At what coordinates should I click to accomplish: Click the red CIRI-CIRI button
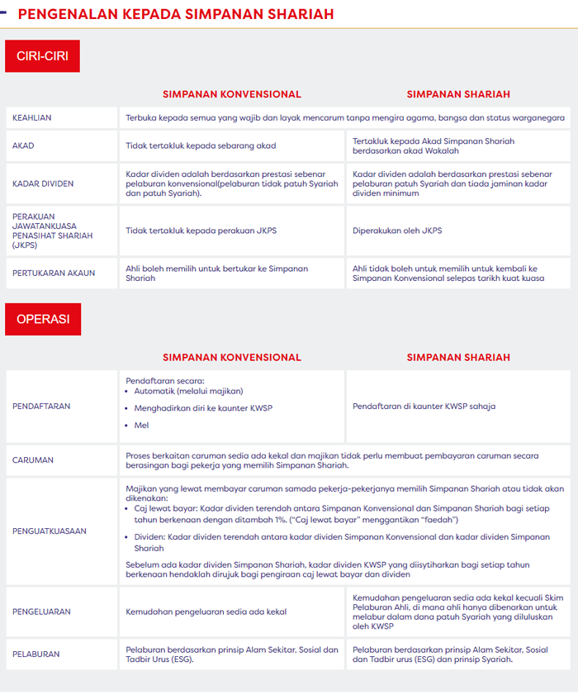pyautogui.click(x=42, y=56)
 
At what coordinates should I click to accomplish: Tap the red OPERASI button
pyautogui.click(x=43, y=318)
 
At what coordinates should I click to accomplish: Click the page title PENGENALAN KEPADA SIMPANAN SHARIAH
pyautogui.click(x=176, y=14)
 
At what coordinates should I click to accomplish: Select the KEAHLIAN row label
pyautogui.click(x=32, y=118)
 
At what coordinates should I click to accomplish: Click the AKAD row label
pyautogui.click(x=23, y=145)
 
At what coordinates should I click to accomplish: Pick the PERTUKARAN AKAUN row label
pyautogui.click(x=54, y=273)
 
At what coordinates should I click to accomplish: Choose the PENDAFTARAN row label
pyautogui.click(x=41, y=406)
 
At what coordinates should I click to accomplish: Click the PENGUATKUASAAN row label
pyautogui.click(x=50, y=531)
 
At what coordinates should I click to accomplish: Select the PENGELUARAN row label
pyautogui.click(x=41, y=612)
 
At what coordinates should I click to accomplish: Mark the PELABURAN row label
pyautogui.click(x=36, y=654)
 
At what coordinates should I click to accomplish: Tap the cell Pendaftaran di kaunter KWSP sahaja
pyautogui.click(x=424, y=406)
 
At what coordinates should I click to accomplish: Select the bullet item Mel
pyautogui.click(x=141, y=425)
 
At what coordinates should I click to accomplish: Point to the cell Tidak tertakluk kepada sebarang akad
pyautogui.click(x=201, y=145)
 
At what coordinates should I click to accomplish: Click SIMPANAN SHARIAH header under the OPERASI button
pyautogui.click(x=458, y=357)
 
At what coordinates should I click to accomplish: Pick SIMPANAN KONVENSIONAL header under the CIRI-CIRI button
pyautogui.click(x=231, y=94)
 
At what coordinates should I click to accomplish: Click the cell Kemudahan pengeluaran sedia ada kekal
pyautogui.click(x=206, y=612)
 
